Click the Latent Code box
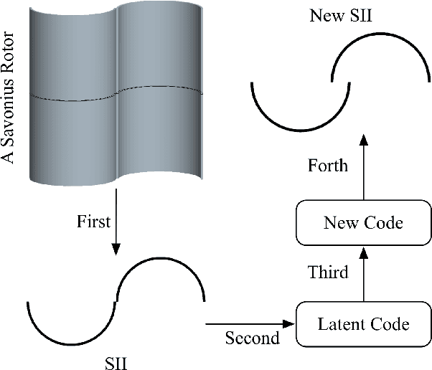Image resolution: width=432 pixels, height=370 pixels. point(363,324)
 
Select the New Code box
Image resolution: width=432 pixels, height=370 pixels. point(363,223)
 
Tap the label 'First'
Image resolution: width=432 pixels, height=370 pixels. point(93,222)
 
